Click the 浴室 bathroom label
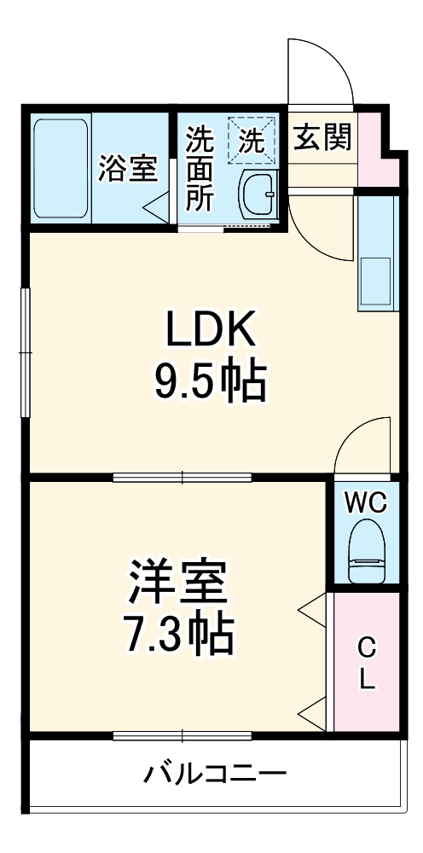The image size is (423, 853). point(128,169)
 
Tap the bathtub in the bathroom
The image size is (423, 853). point(61,169)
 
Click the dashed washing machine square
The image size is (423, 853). point(251,140)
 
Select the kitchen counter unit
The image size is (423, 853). point(378,253)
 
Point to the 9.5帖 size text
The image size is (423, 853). point(211,381)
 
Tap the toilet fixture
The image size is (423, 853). point(367,550)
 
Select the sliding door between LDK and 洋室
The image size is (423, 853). point(183,479)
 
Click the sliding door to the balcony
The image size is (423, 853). point(183,736)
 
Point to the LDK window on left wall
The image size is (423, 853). point(25,352)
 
